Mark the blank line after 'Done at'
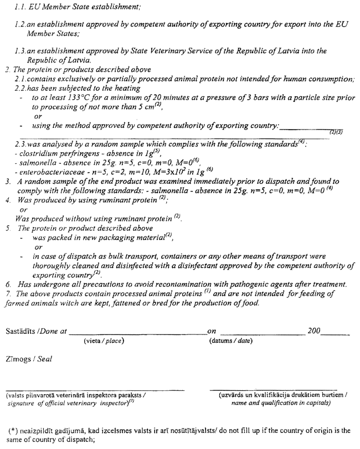(136, 334)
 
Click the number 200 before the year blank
(313, 331)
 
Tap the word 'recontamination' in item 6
(170, 284)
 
